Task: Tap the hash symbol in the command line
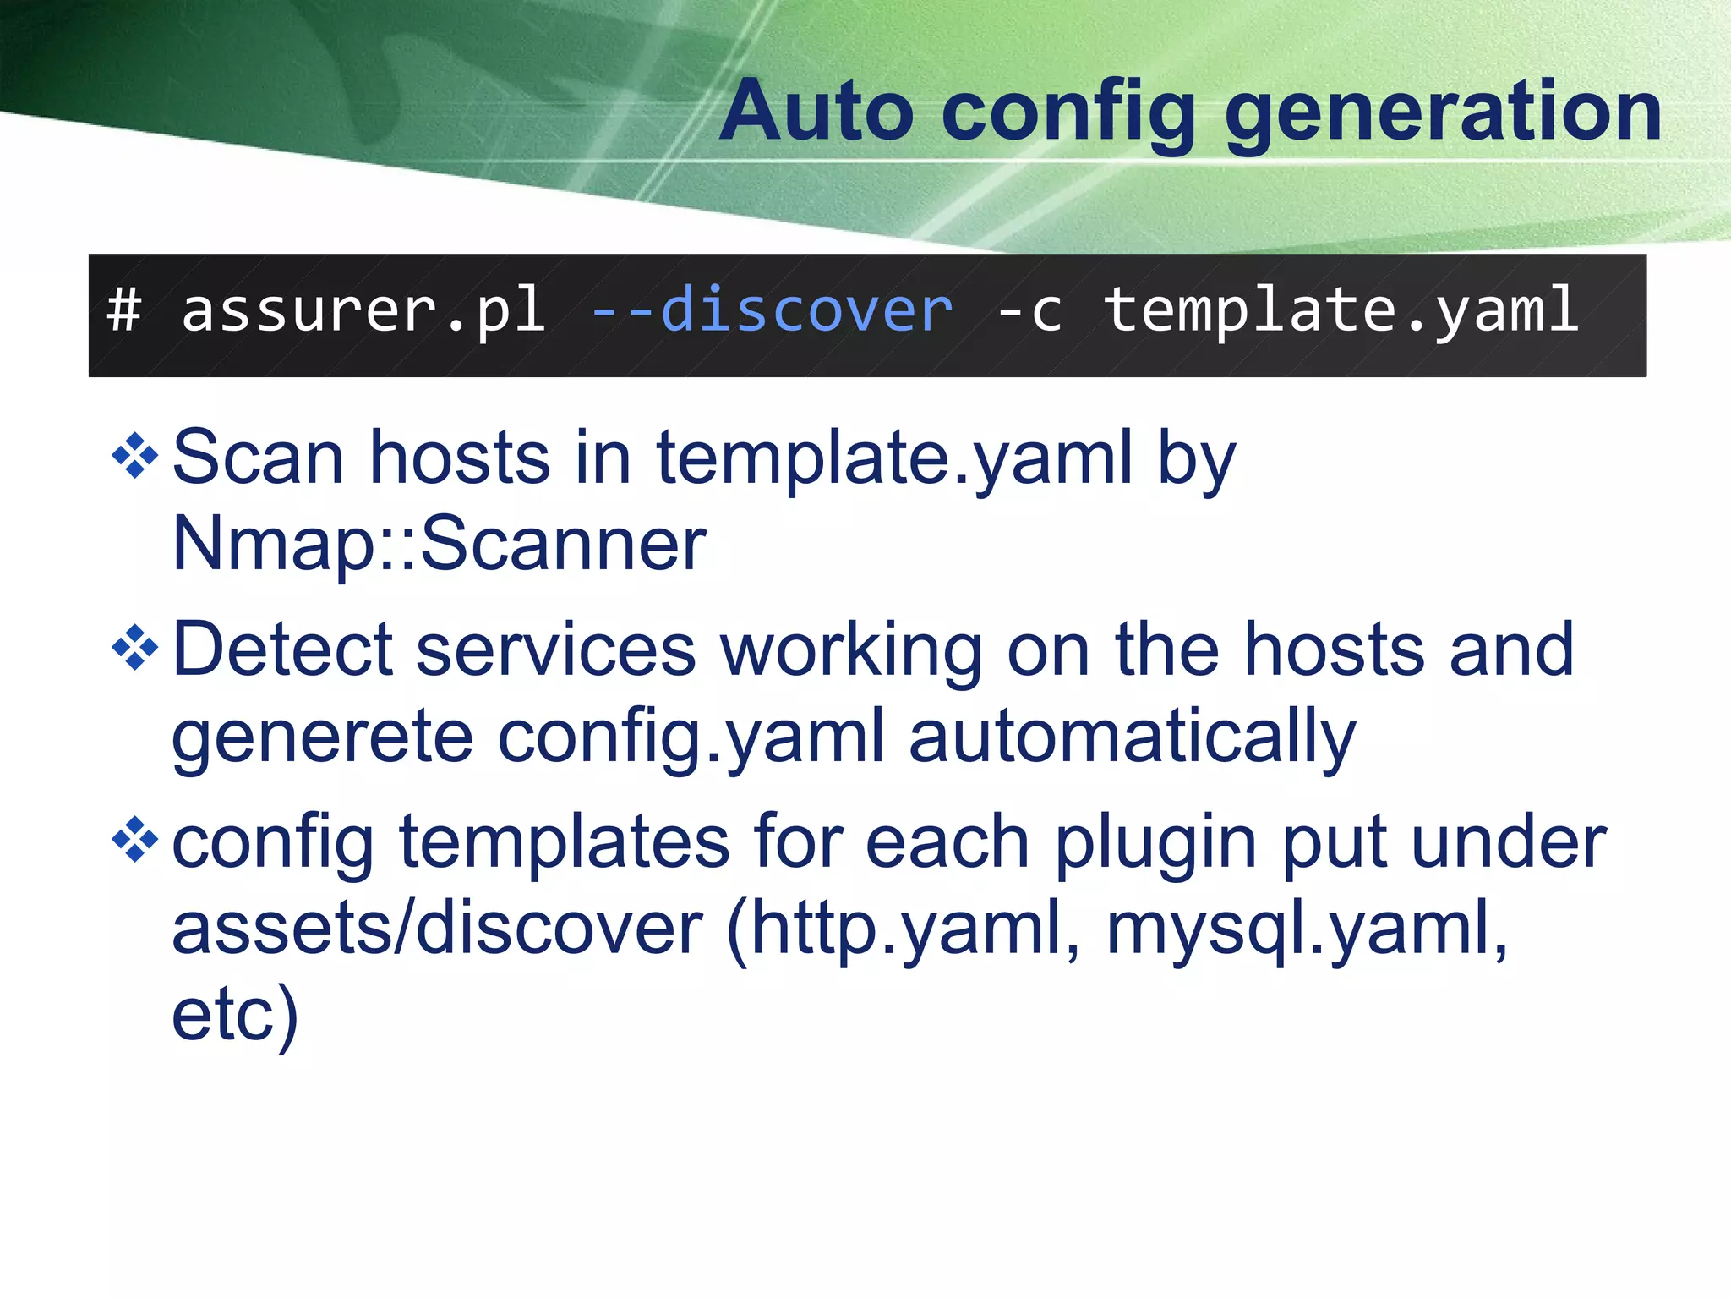point(124,310)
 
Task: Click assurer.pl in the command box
point(363,311)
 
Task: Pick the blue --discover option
point(772,310)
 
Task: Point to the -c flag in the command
point(1029,311)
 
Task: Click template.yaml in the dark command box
point(1341,311)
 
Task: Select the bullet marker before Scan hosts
point(135,456)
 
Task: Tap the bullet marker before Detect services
point(135,649)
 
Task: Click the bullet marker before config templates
point(135,840)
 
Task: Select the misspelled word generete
point(322,737)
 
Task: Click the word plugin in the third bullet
point(1155,844)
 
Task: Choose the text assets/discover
point(437,928)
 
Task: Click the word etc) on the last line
point(235,1015)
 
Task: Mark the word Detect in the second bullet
point(282,649)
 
